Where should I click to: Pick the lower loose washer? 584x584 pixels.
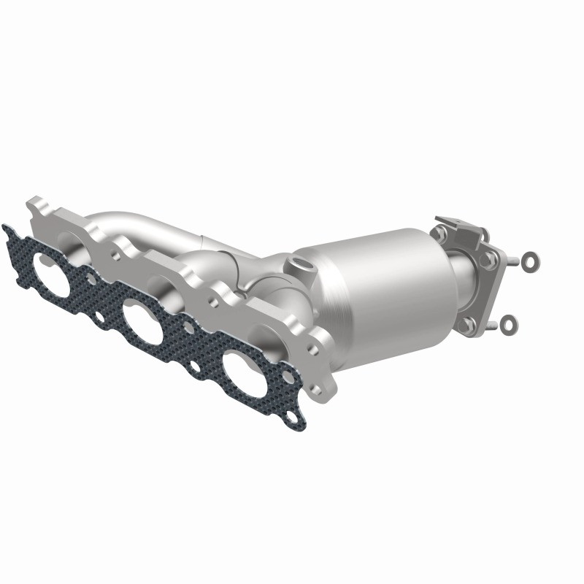509,325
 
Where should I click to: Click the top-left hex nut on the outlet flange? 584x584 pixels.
439,234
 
